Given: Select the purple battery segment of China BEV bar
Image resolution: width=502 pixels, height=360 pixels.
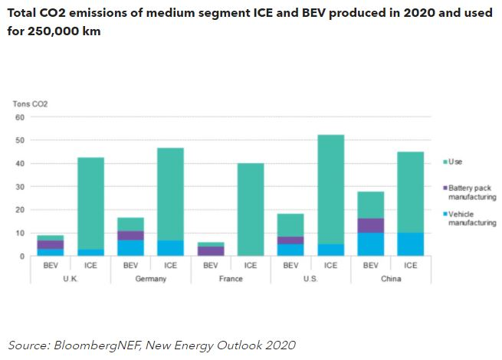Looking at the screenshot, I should [370, 225].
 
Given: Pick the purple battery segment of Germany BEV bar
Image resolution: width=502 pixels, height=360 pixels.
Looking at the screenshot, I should [131, 235].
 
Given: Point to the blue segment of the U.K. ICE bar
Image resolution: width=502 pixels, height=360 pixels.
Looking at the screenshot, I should [90, 252].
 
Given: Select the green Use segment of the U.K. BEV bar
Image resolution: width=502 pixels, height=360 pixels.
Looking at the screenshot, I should [51, 237].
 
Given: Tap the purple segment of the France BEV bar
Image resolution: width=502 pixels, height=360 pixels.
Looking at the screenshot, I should [211, 250].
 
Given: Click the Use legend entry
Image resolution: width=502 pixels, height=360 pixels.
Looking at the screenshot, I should [457, 162].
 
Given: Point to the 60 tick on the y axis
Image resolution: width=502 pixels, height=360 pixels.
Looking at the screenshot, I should [20, 117].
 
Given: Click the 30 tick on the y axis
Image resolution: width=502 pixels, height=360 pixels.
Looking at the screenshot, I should [20, 186].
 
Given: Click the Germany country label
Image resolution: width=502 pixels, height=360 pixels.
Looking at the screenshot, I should [151, 279].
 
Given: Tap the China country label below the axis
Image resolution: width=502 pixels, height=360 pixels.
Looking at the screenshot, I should [390, 279].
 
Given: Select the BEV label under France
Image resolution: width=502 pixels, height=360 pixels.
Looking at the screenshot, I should [211, 265].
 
